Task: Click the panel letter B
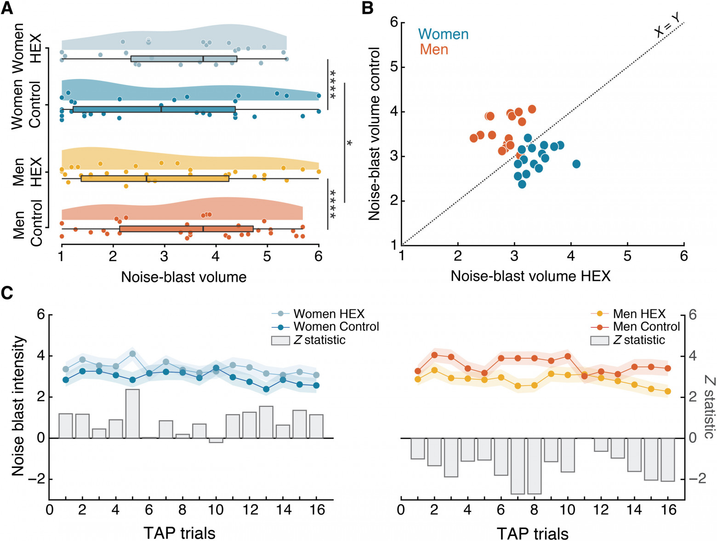click(x=368, y=8)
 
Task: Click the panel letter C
click(x=7, y=293)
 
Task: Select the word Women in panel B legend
click(x=443, y=34)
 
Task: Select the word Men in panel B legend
click(x=433, y=49)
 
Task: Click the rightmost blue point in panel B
click(x=576, y=164)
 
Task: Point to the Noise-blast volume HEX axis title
click(x=530, y=276)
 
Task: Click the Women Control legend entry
click(x=336, y=327)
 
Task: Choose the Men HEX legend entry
click(x=639, y=314)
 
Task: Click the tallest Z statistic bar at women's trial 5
click(x=132, y=414)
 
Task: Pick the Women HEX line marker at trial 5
click(x=132, y=354)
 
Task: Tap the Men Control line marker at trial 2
click(x=434, y=355)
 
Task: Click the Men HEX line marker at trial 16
click(x=668, y=391)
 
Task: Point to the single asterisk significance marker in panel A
click(x=349, y=143)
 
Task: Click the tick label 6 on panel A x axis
click(x=319, y=256)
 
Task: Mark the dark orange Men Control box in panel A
click(x=186, y=229)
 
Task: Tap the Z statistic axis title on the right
click(x=708, y=406)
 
